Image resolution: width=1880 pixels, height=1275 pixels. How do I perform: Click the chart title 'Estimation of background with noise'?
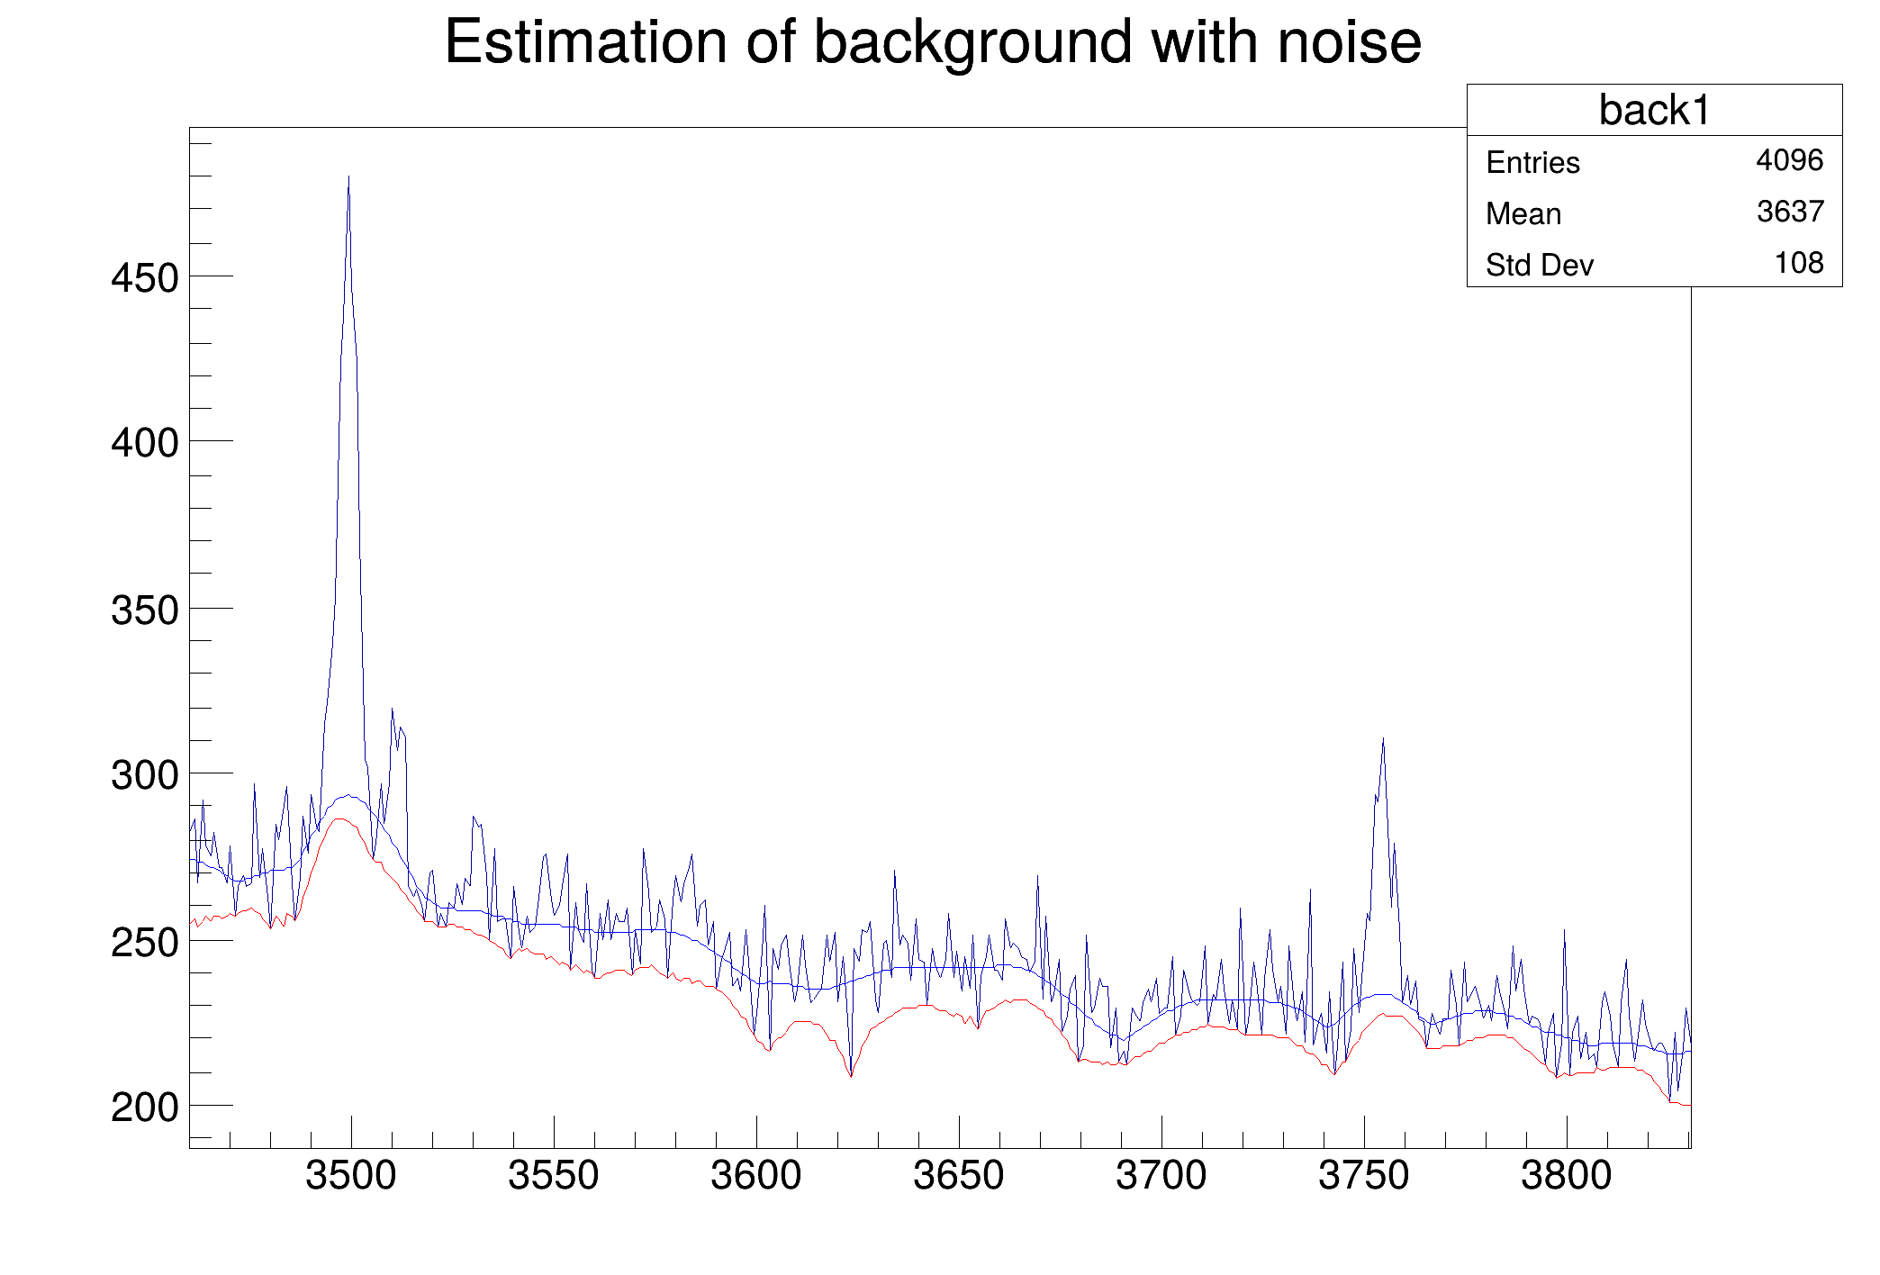point(933,42)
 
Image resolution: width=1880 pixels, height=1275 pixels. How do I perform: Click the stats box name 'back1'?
point(1654,111)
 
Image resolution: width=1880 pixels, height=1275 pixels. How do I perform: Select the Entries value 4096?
point(1789,160)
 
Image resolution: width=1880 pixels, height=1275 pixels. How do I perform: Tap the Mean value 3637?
point(1790,212)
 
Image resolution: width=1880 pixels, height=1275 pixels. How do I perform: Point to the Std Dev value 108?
point(1798,263)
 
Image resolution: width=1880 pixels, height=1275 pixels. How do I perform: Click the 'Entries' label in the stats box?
point(1532,163)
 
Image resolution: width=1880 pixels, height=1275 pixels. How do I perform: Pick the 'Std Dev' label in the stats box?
point(1539,266)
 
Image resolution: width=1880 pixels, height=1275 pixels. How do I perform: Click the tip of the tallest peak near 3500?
point(348,177)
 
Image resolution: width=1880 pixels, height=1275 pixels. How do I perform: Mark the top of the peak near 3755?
point(1383,739)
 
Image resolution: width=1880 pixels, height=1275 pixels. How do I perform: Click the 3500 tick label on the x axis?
point(350,1176)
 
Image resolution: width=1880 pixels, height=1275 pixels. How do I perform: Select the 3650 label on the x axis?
point(958,1176)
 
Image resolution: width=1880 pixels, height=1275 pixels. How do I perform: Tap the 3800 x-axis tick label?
point(1566,1176)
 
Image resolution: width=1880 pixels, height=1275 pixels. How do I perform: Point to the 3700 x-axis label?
point(1161,1176)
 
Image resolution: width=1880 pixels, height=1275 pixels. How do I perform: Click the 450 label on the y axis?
point(145,278)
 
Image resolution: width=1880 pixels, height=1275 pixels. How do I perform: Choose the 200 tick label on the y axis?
point(145,1108)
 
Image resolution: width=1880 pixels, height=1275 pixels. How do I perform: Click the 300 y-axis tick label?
point(145,775)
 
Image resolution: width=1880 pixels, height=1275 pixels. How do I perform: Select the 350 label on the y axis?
point(145,610)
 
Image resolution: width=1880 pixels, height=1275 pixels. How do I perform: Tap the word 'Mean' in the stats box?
point(1523,214)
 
